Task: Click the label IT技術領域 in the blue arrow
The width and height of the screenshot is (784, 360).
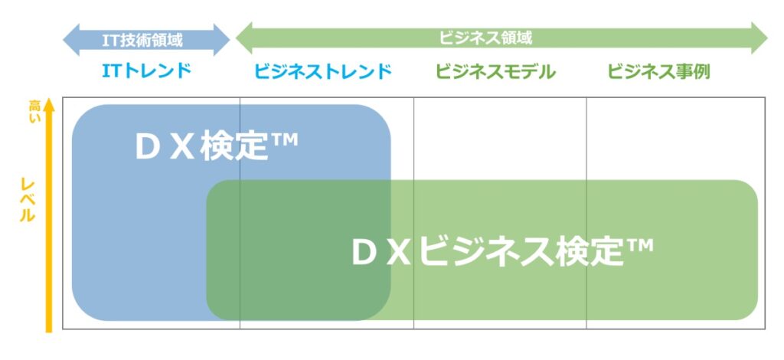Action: [x=142, y=40]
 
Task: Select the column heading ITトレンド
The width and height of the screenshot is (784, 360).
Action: [x=146, y=71]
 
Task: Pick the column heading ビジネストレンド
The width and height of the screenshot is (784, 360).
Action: [x=322, y=71]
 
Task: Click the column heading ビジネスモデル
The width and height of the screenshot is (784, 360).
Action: [x=495, y=71]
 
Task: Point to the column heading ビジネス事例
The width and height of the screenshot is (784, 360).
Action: [x=658, y=71]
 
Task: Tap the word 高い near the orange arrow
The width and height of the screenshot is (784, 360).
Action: [x=34, y=112]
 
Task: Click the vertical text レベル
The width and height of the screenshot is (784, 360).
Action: [x=27, y=199]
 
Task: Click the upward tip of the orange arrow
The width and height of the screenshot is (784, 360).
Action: [x=48, y=99]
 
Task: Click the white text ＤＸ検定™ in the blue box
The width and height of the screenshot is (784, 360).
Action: [x=217, y=146]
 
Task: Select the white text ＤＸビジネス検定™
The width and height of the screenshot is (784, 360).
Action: [x=502, y=251]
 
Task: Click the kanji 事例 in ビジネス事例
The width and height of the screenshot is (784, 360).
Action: [x=692, y=71]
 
